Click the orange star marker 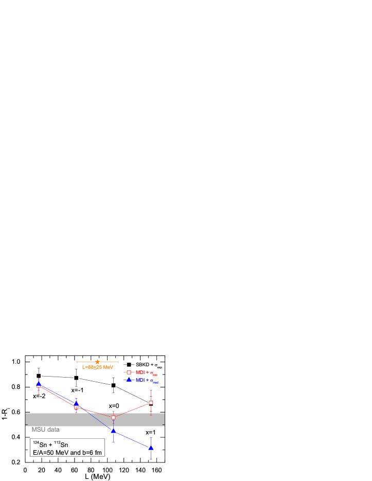pos(97,362)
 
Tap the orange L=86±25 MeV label pos(98,367)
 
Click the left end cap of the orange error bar pos(77,362)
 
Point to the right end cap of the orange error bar pos(118,362)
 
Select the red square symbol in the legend pos(129,372)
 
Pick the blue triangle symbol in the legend pos(129,380)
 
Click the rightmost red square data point pos(151,403)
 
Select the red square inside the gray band pos(113,417)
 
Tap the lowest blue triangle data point pos(151,448)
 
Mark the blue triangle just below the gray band pos(113,430)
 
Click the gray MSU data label pos(46,430)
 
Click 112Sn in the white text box pos(61,444)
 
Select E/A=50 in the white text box pos(43,452)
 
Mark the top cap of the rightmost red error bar pos(151,390)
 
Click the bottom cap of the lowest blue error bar pos(151,459)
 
